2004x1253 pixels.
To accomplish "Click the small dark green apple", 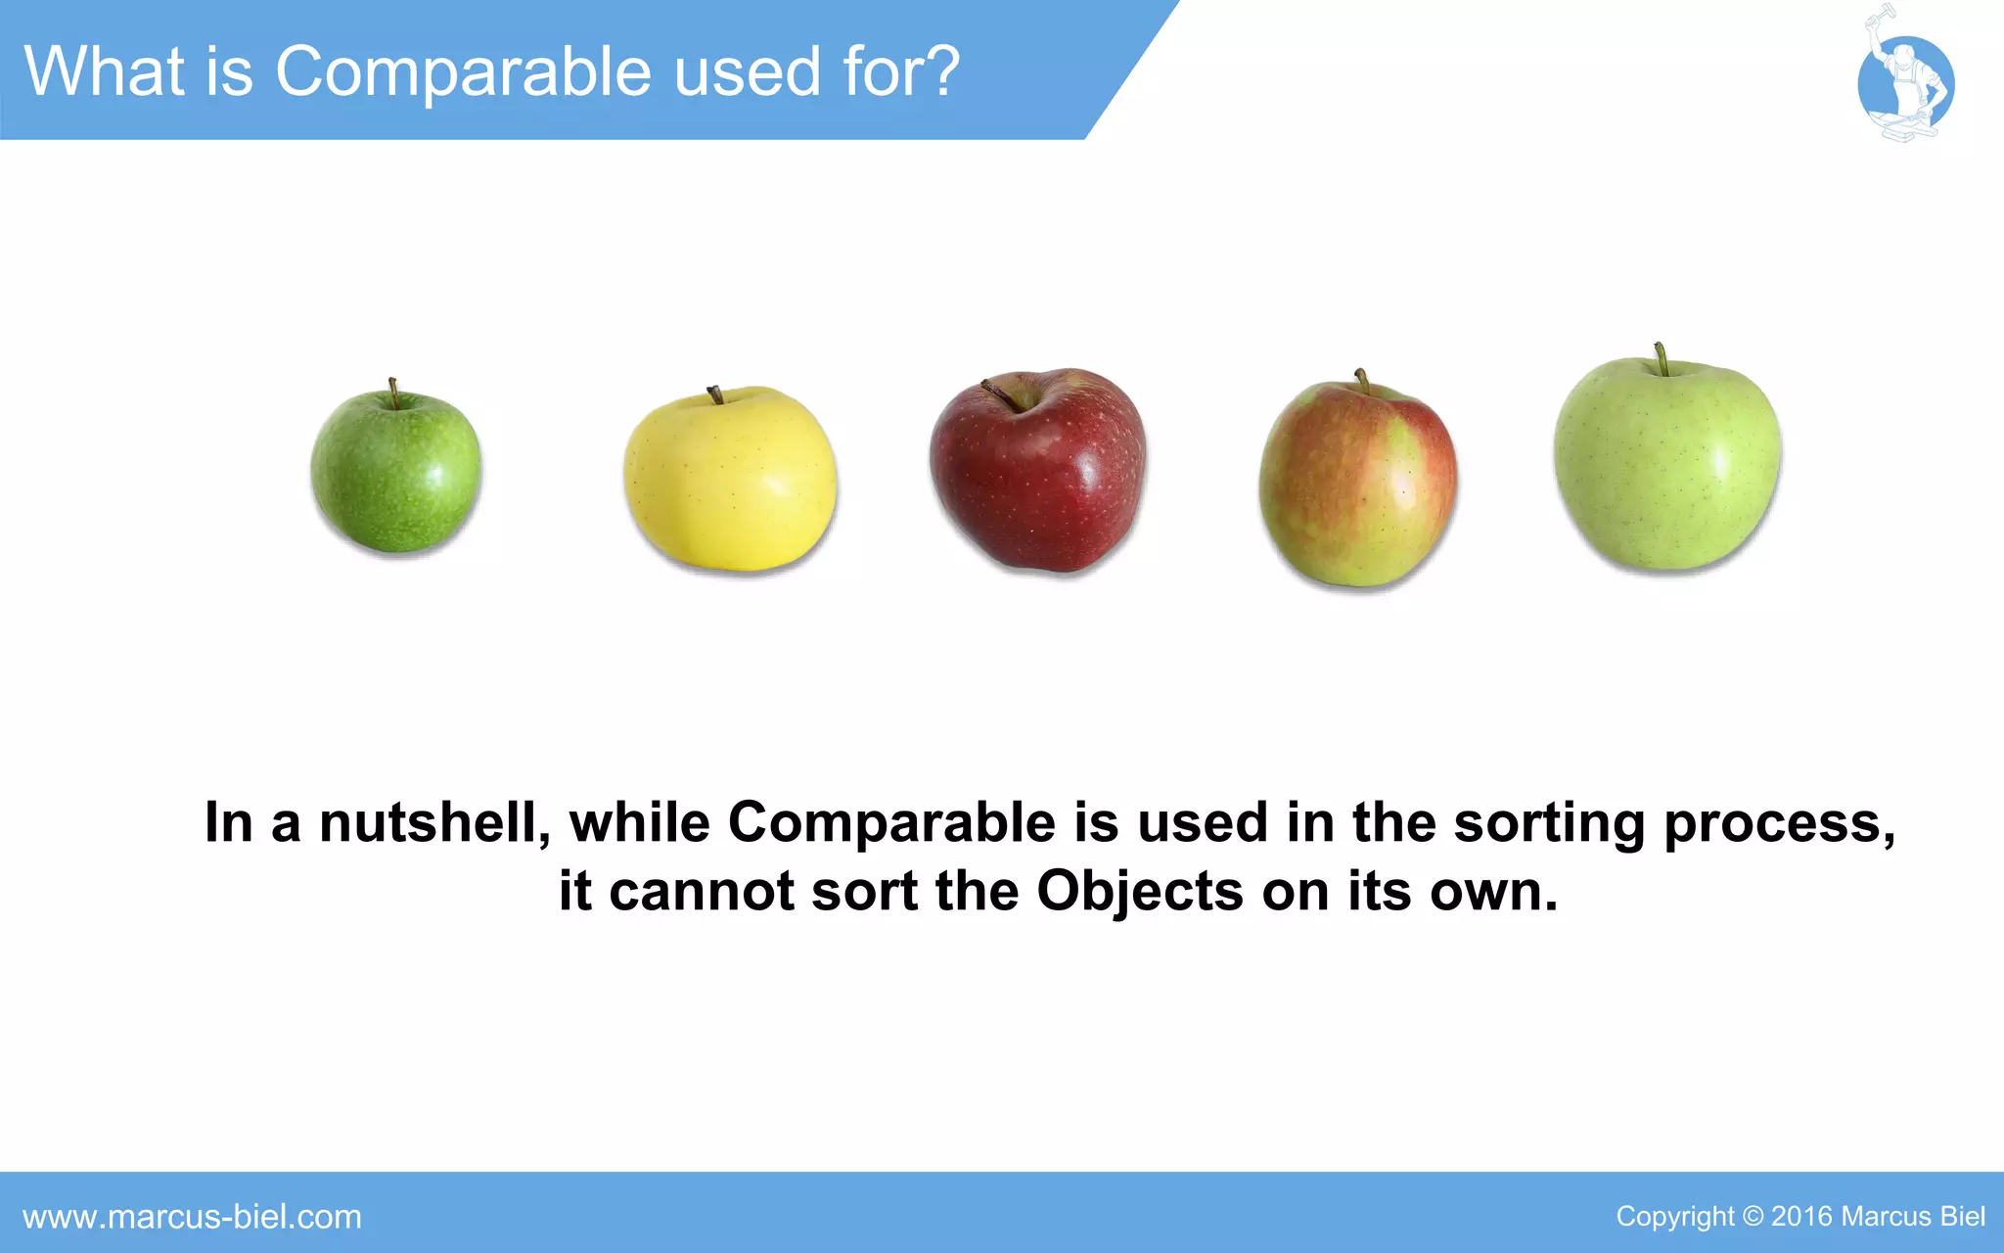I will click(396, 472).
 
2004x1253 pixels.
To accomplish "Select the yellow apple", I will click(730, 480).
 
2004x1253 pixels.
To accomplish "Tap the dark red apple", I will click(1037, 472).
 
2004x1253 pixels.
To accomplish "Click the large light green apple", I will click(1667, 464).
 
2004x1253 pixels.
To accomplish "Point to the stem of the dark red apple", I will click(1001, 394).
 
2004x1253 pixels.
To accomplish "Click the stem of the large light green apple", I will click(1661, 359).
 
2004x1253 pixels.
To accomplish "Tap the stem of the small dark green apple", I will click(392, 393).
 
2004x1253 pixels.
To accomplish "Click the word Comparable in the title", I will click(465, 72).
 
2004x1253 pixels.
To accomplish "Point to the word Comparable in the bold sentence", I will click(891, 824).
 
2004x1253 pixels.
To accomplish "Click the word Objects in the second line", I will click(1140, 893).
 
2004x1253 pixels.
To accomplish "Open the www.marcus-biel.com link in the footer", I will click(192, 1217).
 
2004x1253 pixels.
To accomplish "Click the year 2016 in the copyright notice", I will click(1801, 1217).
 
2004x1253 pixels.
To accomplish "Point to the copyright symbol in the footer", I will click(1753, 1217).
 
